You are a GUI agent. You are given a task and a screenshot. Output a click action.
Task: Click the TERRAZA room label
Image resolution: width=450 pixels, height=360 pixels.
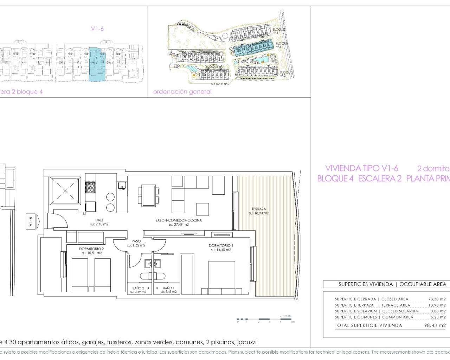259,209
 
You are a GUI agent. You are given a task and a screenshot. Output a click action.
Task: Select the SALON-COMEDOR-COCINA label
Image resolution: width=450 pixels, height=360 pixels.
179,220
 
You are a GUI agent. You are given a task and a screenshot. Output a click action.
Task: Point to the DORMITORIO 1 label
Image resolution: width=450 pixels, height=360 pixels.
221,246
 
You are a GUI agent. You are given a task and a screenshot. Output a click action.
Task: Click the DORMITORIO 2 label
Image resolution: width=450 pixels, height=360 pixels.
92,249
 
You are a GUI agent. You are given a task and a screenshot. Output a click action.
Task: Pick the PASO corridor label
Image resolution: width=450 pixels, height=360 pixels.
136,242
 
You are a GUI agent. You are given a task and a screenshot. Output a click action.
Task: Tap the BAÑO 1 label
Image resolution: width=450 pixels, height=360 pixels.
169,288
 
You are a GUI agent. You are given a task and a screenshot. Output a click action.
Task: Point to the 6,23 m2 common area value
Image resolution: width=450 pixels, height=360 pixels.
438,317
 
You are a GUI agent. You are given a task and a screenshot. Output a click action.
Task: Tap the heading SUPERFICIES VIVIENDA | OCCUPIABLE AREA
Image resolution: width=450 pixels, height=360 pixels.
392,284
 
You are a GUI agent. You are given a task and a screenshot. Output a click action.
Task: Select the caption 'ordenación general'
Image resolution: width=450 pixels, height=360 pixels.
182,92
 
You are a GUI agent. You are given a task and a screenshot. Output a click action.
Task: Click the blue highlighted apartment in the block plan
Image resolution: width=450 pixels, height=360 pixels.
97,64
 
